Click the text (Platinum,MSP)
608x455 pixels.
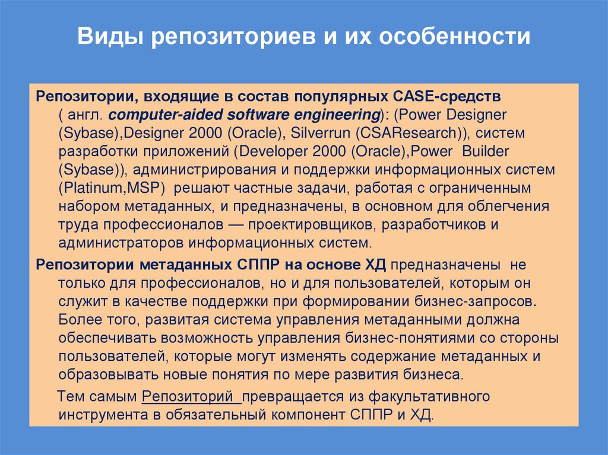click(111, 188)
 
